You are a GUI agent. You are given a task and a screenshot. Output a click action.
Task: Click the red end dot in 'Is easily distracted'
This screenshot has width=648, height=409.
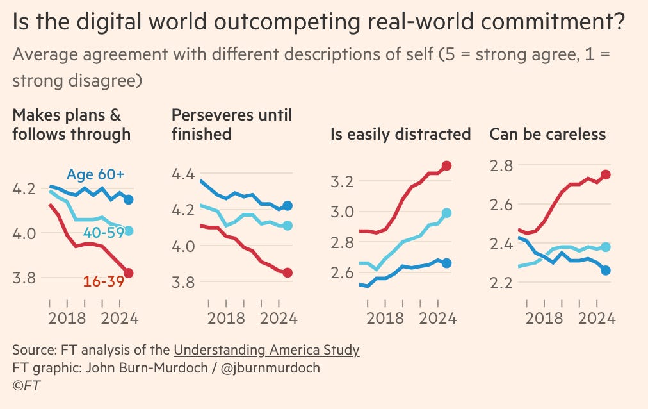(x=447, y=165)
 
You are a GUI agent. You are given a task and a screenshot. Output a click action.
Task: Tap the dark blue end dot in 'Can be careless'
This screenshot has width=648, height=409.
(x=606, y=270)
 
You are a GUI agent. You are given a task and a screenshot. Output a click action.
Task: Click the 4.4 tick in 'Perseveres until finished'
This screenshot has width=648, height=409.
(x=184, y=174)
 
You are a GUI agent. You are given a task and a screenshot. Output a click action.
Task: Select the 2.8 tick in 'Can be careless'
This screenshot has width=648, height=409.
(x=502, y=165)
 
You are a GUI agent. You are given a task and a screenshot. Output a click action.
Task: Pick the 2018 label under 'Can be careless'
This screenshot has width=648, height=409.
(x=544, y=317)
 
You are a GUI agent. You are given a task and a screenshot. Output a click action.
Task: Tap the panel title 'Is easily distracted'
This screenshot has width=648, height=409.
(x=400, y=135)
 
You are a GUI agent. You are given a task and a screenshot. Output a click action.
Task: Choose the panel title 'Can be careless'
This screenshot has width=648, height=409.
(x=547, y=135)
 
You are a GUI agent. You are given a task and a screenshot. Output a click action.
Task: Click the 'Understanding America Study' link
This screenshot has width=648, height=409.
(x=266, y=350)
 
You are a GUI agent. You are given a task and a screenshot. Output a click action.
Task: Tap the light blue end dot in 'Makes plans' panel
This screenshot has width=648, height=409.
(x=128, y=231)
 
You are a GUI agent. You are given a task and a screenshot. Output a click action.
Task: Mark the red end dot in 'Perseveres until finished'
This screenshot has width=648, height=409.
(x=287, y=272)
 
